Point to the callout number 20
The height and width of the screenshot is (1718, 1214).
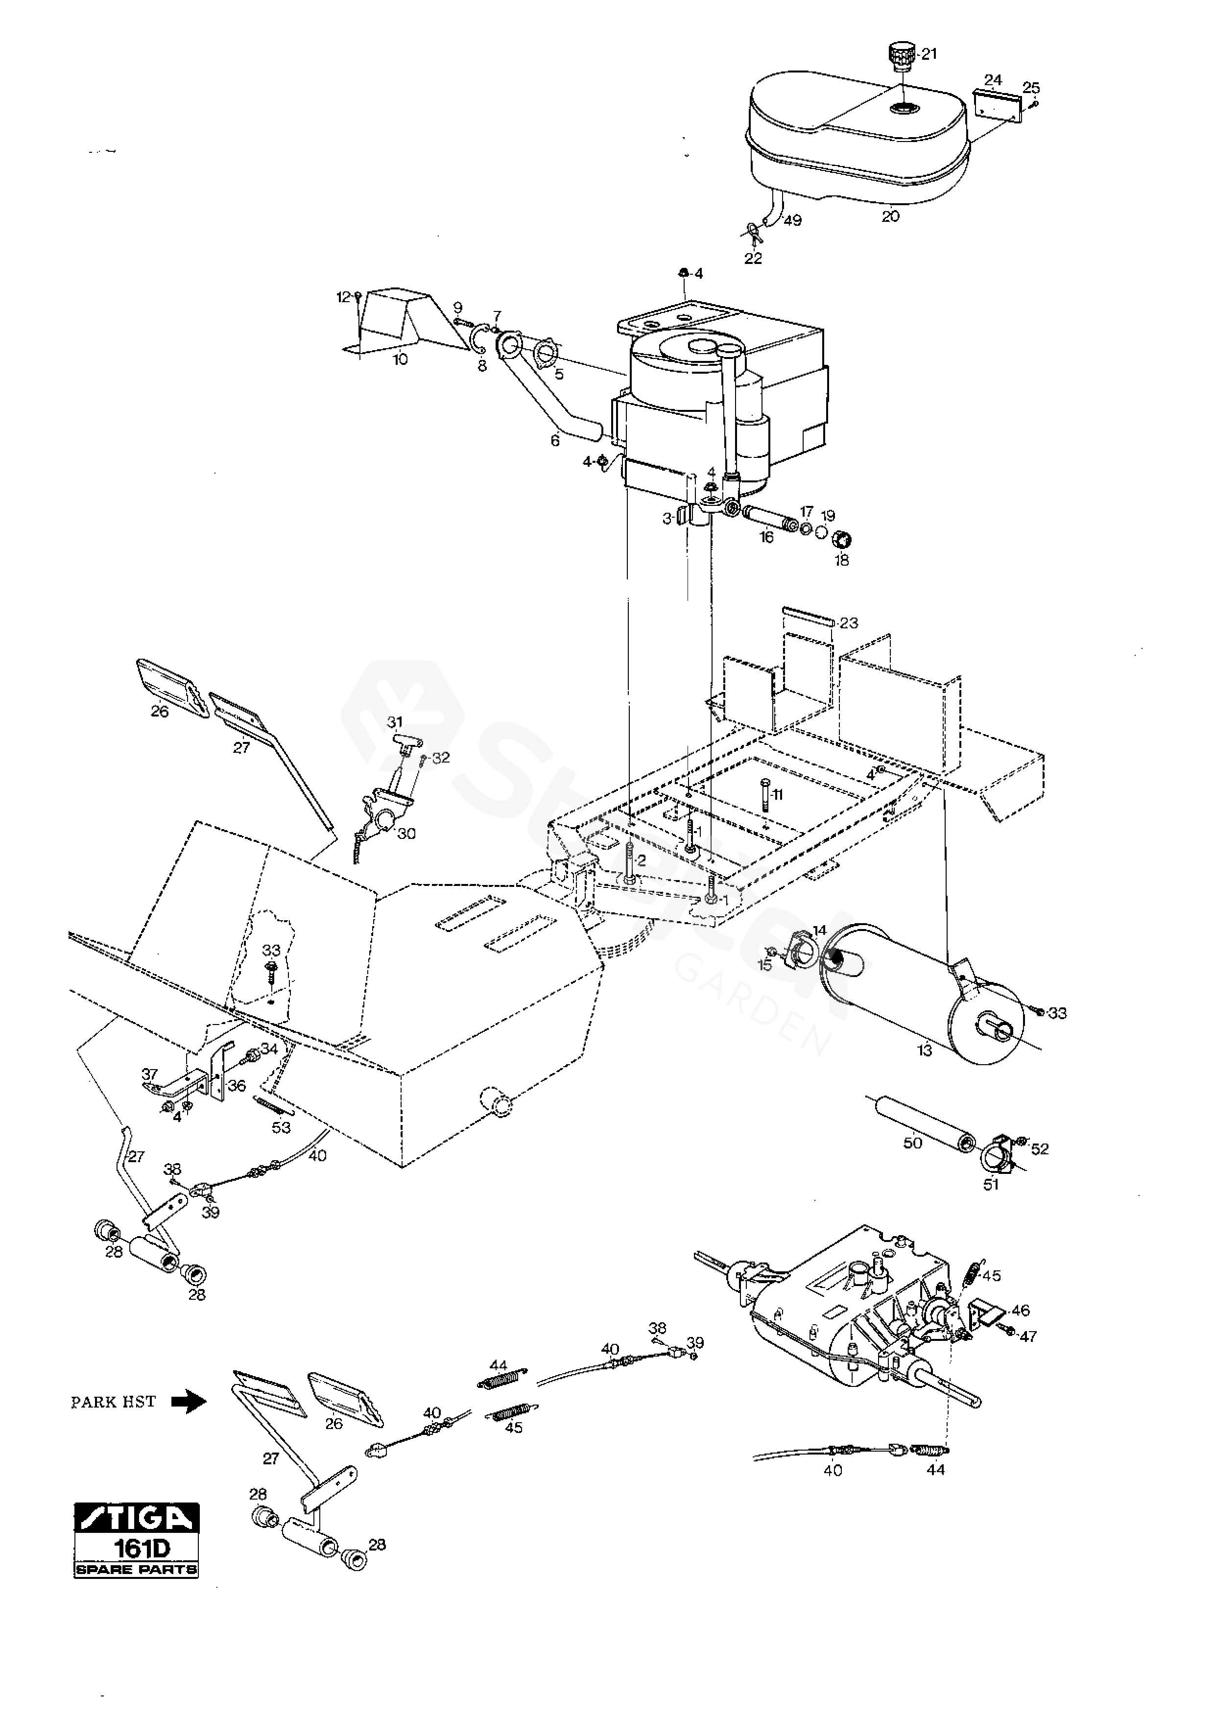point(890,216)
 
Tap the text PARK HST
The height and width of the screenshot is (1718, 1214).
point(113,1402)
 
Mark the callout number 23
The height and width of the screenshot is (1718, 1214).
point(849,622)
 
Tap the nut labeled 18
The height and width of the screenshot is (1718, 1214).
point(843,539)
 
